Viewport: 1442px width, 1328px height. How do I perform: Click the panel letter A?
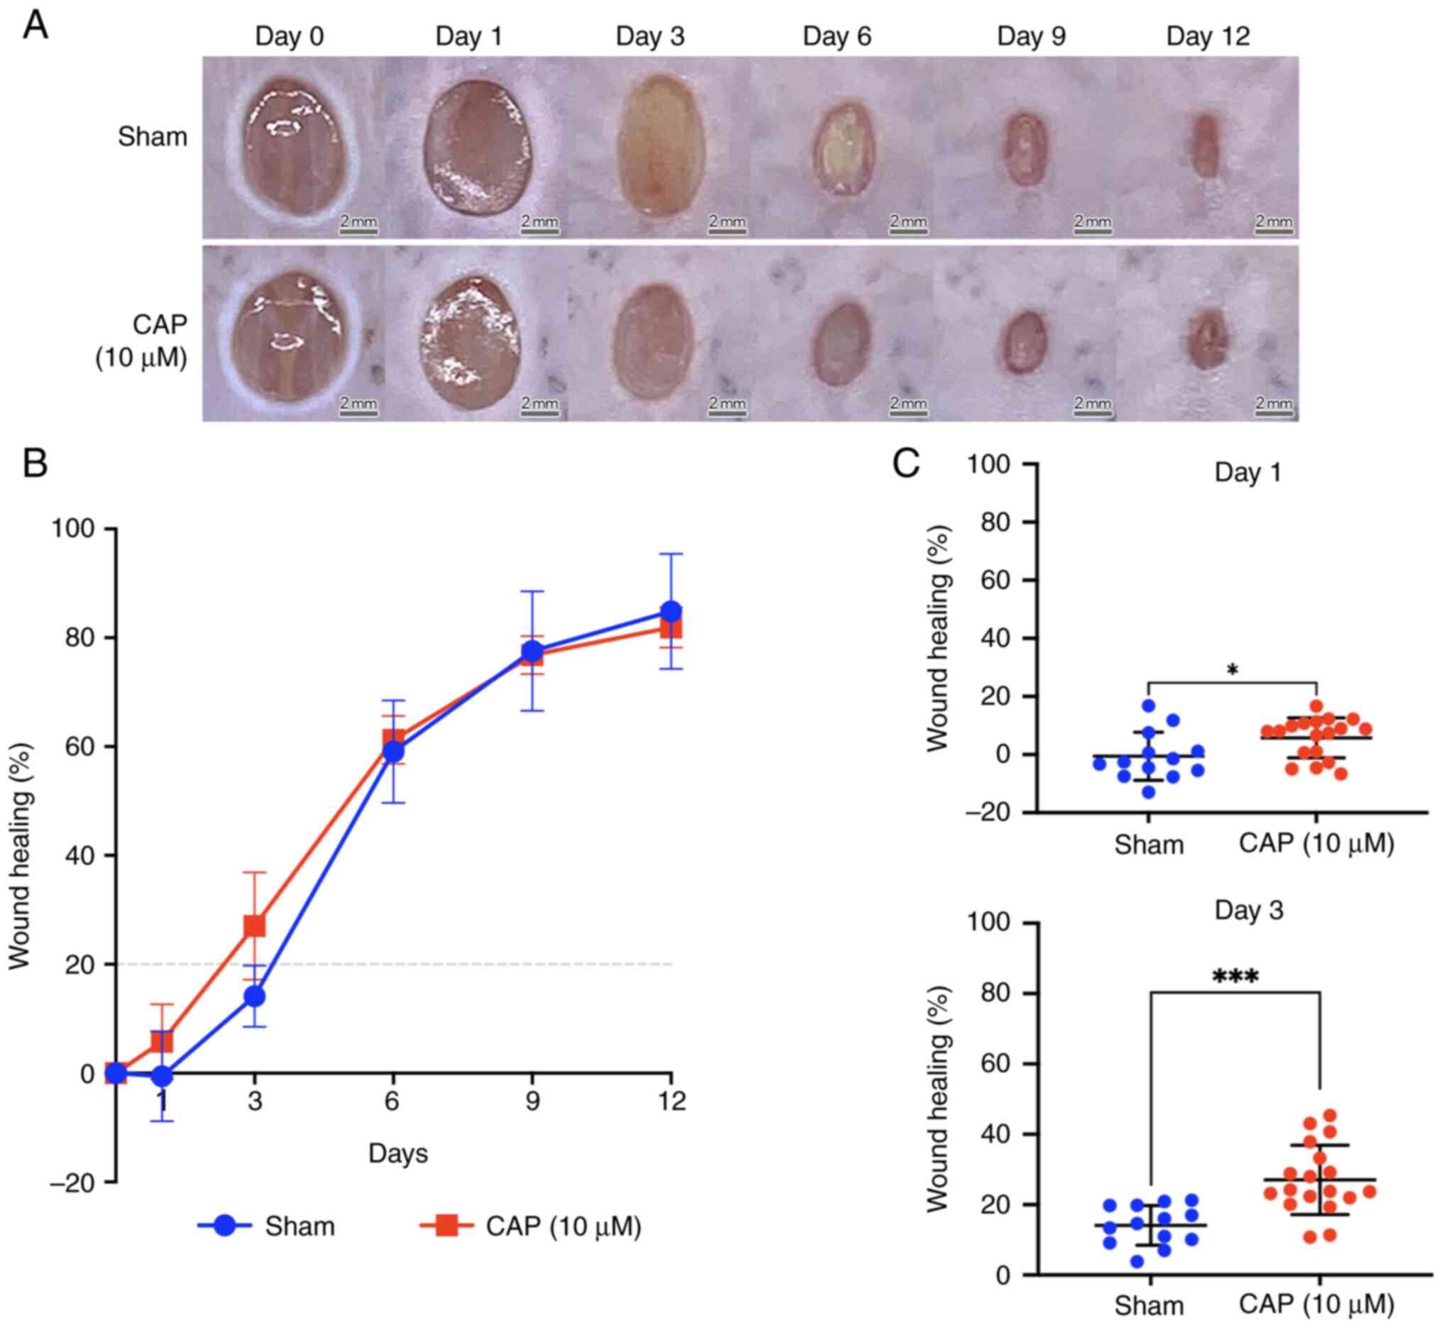36,26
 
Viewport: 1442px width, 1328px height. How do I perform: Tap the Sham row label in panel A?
153,136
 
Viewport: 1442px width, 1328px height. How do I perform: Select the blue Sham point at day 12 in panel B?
671,611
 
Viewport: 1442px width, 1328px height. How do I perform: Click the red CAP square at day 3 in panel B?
254,926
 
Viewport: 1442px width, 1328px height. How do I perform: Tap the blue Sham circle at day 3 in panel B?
254,997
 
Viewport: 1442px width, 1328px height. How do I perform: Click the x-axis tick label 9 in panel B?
532,1102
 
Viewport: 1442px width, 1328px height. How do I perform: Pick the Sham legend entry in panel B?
267,1225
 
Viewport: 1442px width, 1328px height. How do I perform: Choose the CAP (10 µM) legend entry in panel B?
532,1225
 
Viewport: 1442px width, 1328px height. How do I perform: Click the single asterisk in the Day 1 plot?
1232,671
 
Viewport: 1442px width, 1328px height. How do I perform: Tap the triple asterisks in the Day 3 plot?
1235,977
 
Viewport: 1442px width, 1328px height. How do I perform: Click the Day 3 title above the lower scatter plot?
1249,911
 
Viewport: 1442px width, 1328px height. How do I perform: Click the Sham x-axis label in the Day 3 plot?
1149,1305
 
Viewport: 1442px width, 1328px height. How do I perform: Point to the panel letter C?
906,463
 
